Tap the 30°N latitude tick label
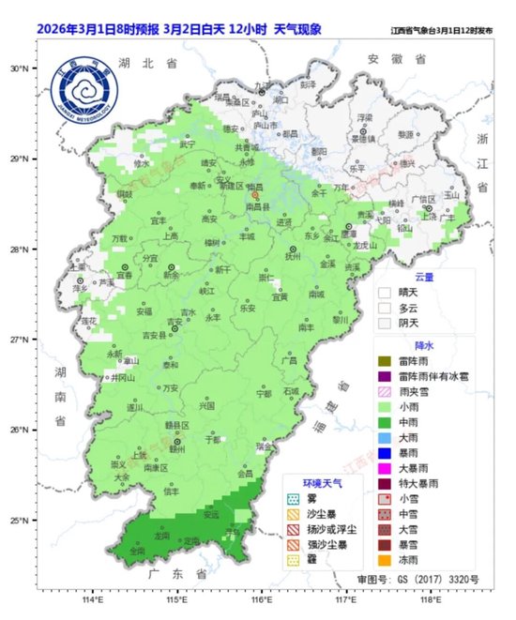[20, 68]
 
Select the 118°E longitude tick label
[431, 597]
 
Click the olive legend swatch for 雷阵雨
[384, 361]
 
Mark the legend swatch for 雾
[292, 500]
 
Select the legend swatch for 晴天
[384, 292]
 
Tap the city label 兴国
[206, 405]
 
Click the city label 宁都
[264, 394]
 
